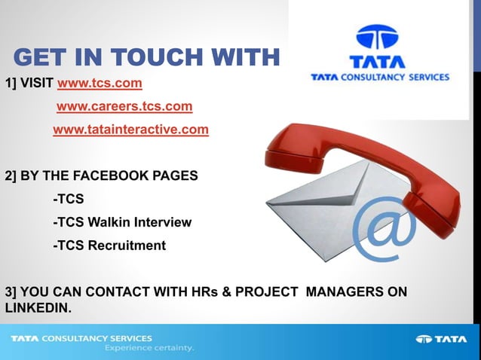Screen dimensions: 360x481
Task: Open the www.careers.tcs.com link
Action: pyautogui.click(x=124, y=106)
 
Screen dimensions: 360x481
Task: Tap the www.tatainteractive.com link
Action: pyautogui.click(x=130, y=130)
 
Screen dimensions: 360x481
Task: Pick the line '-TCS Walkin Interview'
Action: pyautogui.click(x=122, y=222)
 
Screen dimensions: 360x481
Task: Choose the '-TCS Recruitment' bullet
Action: pyautogui.click(x=109, y=246)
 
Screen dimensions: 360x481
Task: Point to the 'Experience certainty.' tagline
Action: pyautogui.click(x=149, y=349)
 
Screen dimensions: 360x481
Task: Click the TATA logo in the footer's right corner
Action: pyautogui.click(x=442, y=339)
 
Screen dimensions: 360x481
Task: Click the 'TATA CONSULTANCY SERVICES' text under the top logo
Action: pyautogui.click(x=380, y=77)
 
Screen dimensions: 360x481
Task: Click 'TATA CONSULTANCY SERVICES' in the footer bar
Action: pyautogui.click(x=81, y=338)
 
